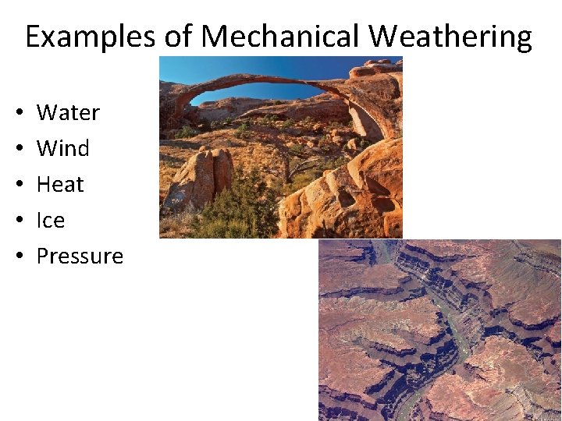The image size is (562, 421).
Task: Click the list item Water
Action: pos(68,113)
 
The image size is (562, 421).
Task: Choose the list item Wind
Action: pos(62,148)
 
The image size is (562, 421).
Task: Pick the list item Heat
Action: pos(60,185)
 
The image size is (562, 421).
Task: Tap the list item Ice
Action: pos(51,221)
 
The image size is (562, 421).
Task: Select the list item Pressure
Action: pos(80,256)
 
